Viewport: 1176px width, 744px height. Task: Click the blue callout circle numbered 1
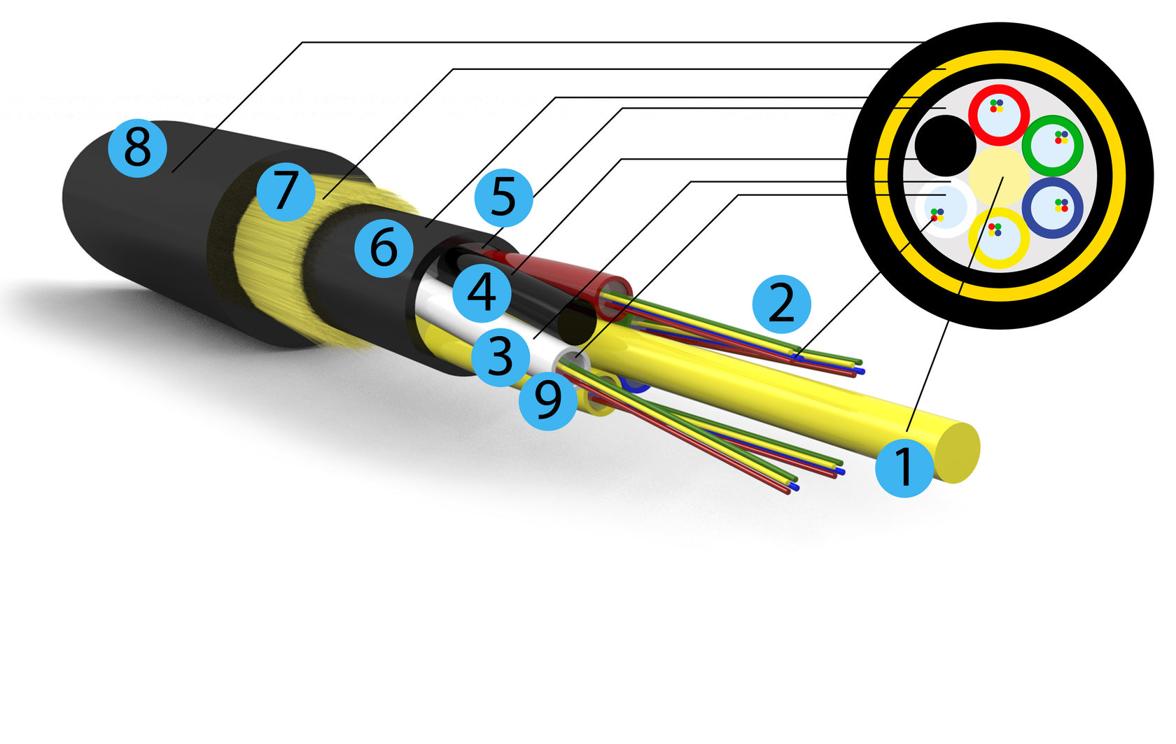pyautogui.click(x=904, y=468)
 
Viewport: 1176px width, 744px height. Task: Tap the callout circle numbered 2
pyautogui.click(x=781, y=304)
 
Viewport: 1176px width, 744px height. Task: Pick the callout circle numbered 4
pyautogui.click(x=482, y=293)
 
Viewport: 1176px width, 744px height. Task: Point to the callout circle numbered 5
pyautogui.click(x=503, y=197)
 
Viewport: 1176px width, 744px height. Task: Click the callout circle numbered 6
pyautogui.click(x=383, y=248)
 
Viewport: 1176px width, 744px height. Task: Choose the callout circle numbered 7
pyautogui.click(x=285, y=191)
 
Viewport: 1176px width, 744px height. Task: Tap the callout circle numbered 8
pyautogui.click(x=137, y=148)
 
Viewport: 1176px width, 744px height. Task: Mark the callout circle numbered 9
pyautogui.click(x=548, y=400)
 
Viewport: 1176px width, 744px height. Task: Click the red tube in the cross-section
pyautogui.click(x=999, y=114)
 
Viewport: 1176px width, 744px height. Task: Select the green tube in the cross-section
pyautogui.click(x=1052, y=146)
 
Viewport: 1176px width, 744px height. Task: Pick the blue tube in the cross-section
pyautogui.click(x=1052, y=207)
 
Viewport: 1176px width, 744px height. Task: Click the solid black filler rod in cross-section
pyautogui.click(x=946, y=146)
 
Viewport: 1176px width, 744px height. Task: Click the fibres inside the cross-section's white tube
pyautogui.click(x=937, y=214)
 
